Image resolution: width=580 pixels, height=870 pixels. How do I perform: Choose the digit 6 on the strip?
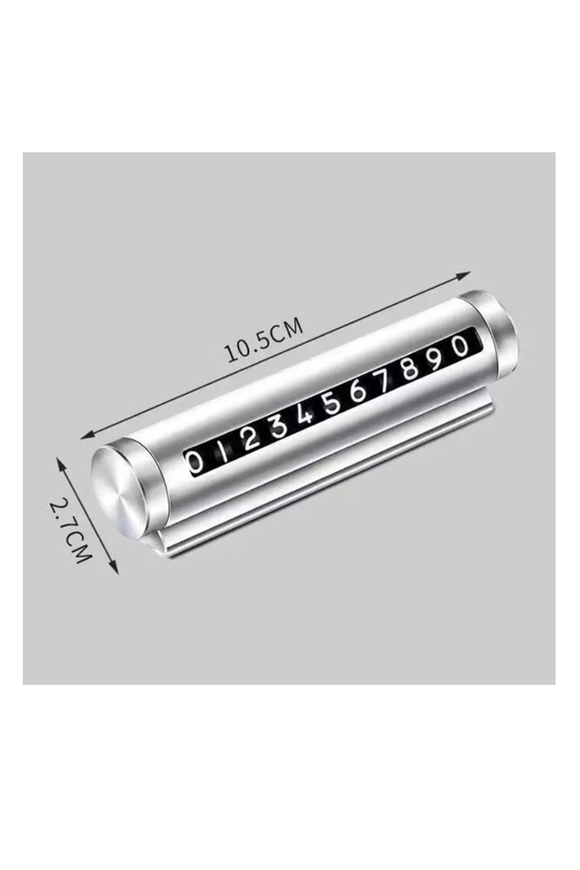[x=358, y=390]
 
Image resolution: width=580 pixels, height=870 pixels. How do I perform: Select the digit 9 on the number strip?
[x=436, y=358]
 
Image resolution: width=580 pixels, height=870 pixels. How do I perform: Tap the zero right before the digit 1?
[x=195, y=463]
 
